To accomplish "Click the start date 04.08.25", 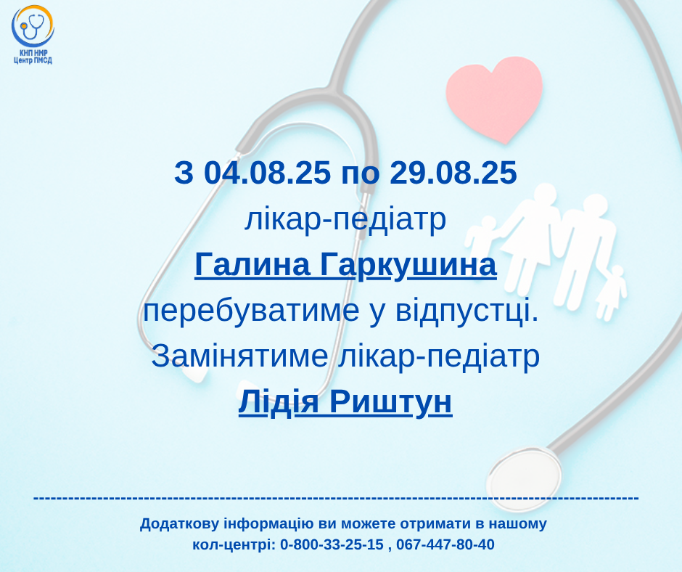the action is (x=267, y=172).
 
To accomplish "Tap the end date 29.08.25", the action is (x=453, y=172).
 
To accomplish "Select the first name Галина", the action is (x=252, y=265).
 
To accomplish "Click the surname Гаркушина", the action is (x=408, y=266).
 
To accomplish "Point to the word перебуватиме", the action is (x=252, y=311).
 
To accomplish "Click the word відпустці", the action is (x=467, y=311).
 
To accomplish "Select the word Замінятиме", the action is (x=239, y=356).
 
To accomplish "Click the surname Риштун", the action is (x=390, y=403).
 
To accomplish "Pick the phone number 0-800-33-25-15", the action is (x=332, y=544).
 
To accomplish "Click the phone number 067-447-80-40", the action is (x=445, y=544).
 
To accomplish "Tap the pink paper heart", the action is (x=494, y=99).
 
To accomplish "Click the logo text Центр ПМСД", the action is (x=33, y=60).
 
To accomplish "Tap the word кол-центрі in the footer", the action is (x=234, y=544).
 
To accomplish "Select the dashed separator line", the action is (x=336, y=497).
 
